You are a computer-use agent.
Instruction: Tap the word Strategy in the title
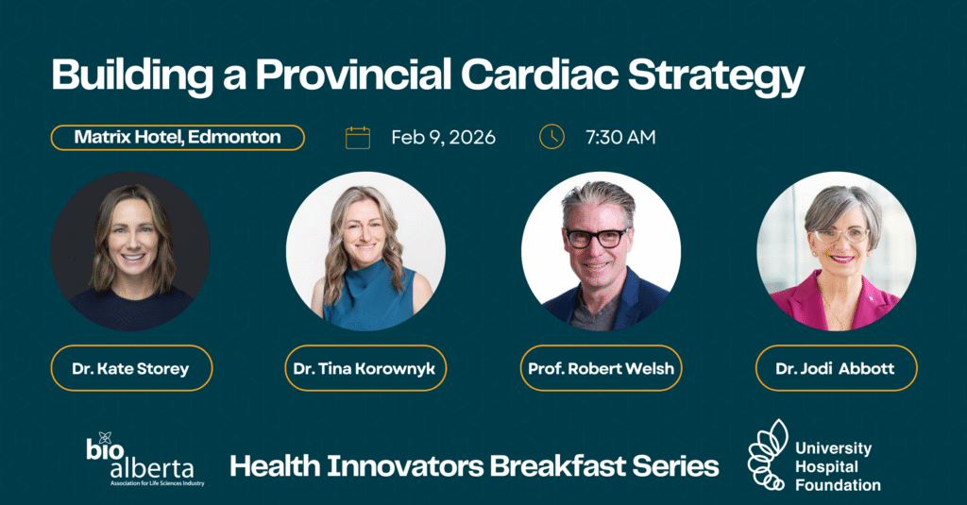(717, 77)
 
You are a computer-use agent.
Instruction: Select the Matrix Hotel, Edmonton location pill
(178, 138)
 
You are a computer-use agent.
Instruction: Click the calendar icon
(358, 138)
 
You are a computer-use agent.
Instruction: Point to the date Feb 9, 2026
(444, 137)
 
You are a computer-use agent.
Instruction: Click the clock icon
(551, 137)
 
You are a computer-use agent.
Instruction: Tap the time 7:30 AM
(620, 137)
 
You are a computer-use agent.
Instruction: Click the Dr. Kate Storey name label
(131, 368)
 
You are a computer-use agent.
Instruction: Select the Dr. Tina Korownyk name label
(365, 368)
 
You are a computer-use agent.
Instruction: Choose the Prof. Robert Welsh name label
(602, 368)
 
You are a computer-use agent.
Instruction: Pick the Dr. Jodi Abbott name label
(837, 368)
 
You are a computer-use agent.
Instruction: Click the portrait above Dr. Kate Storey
(130, 252)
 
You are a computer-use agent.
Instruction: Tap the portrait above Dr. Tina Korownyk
(365, 252)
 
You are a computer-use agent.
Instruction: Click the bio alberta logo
(144, 460)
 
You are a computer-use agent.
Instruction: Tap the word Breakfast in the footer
(557, 465)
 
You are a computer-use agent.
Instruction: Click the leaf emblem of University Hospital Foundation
(768, 455)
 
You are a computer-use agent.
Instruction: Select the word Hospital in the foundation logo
(826, 467)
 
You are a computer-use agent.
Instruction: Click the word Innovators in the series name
(405, 465)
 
